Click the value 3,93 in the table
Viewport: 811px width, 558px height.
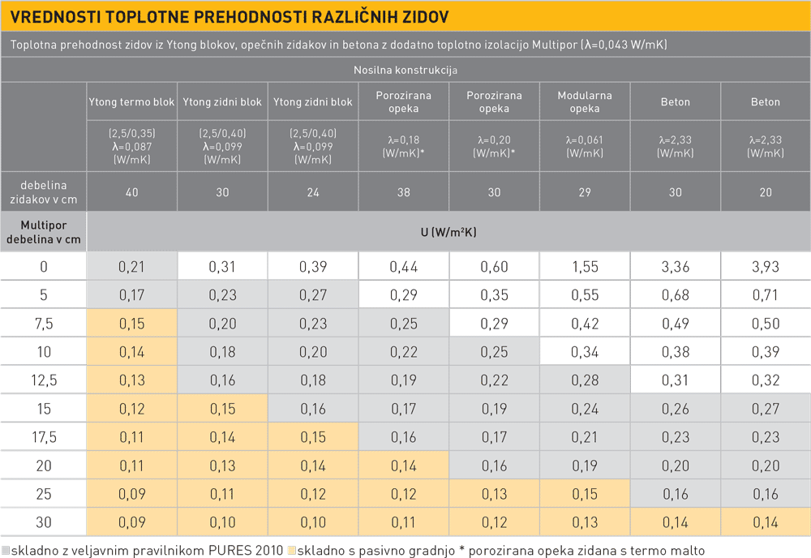click(x=766, y=267)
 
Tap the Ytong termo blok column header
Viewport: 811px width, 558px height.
click(x=131, y=102)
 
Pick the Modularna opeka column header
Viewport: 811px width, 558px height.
click(x=584, y=102)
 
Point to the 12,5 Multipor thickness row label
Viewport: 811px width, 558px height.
click(x=44, y=380)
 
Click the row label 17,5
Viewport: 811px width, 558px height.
click(x=44, y=437)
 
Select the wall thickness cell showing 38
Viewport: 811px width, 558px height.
click(x=403, y=192)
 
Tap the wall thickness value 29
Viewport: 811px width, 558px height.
click(x=584, y=192)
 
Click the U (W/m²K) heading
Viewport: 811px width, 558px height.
click(x=448, y=232)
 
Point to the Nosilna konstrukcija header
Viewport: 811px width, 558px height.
click(x=405, y=70)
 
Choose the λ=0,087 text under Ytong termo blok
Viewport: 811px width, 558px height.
click(x=131, y=146)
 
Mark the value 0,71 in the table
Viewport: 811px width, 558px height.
click(x=766, y=295)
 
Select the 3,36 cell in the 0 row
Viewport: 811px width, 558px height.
click(x=675, y=267)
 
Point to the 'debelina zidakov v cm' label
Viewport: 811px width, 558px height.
click(x=44, y=192)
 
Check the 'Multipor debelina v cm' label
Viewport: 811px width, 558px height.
click(x=44, y=232)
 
